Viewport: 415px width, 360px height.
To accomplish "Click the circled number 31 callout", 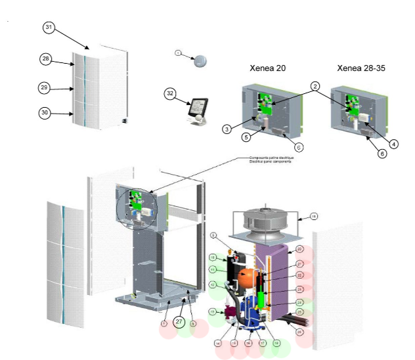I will coord(49,27).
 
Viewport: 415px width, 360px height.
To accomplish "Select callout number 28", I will coord(45,59).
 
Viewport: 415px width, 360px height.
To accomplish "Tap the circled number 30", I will coord(45,113).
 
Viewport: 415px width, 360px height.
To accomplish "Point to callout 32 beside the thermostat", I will coord(170,93).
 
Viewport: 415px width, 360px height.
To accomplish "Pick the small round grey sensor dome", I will coord(200,60).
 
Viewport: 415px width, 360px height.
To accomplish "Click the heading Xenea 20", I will coord(267,68).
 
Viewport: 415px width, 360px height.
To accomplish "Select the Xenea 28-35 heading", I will coord(361,68).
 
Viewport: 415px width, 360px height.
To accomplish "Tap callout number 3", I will coord(226,129).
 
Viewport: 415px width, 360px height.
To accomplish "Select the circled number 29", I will coord(45,87).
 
